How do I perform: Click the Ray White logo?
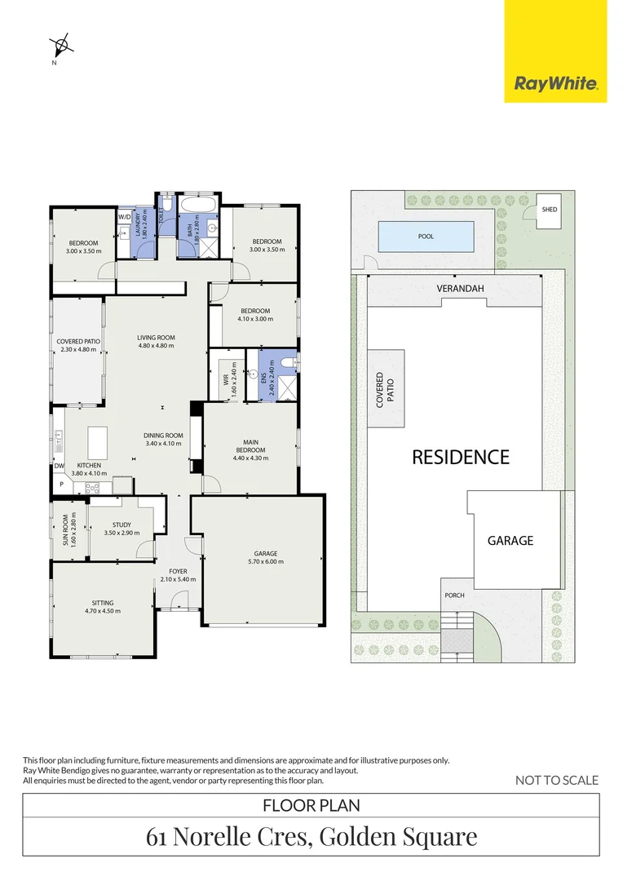click(x=555, y=82)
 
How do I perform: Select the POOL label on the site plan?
click(x=426, y=237)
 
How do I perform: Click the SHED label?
click(x=549, y=210)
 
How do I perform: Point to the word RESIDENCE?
click(x=460, y=457)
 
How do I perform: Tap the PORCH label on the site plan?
click(x=454, y=595)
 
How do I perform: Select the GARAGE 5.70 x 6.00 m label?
click(x=263, y=556)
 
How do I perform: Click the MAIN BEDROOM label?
click(x=250, y=449)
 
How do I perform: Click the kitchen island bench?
click(x=97, y=443)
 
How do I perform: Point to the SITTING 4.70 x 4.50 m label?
click(x=102, y=606)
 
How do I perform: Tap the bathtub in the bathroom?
click(x=198, y=203)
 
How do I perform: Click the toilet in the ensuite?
click(x=287, y=363)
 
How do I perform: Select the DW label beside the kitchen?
click(x=59, y=466)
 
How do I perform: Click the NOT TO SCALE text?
click(x=557, y=780)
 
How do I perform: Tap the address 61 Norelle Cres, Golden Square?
click(x=311, y=836)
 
